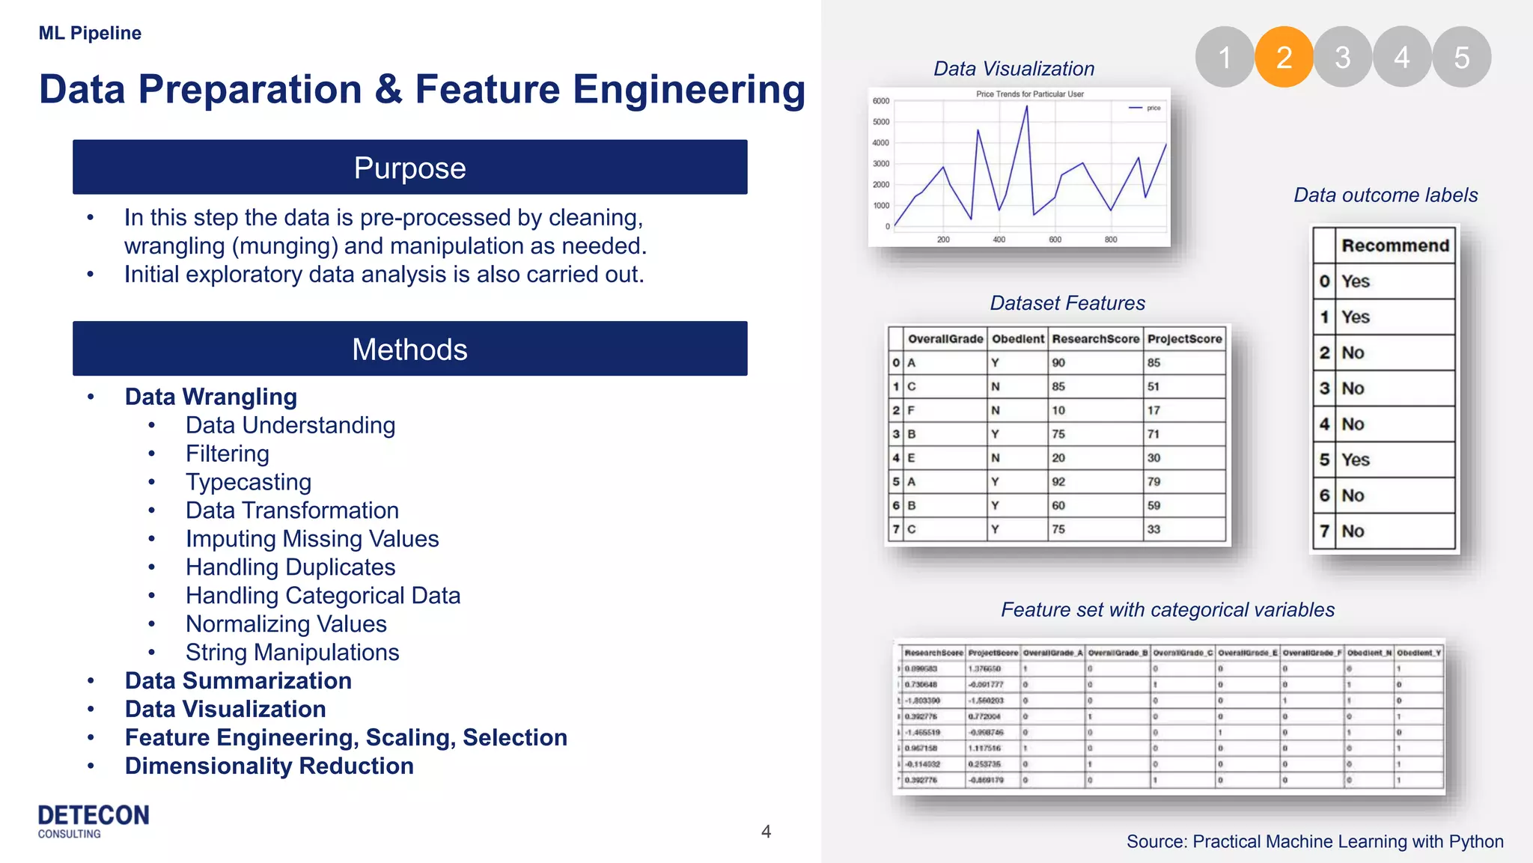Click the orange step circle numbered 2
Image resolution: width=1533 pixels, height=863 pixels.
tap(1284, 57)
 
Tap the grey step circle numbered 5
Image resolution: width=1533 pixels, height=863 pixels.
tap(1461, 57)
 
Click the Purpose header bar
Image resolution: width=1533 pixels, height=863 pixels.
tap(409, 167)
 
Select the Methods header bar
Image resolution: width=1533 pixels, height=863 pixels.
tap(409, 349)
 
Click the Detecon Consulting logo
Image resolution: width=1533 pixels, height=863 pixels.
tap(94, 820)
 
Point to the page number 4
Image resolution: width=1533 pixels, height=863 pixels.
tap(766, 832)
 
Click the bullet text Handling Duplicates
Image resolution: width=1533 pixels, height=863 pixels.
tap(290, 567)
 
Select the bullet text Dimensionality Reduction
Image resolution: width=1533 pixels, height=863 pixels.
tap(269, 766)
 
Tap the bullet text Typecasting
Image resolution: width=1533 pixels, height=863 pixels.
tap(249, 482)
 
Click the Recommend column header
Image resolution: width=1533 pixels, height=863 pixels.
tap(1395, 246)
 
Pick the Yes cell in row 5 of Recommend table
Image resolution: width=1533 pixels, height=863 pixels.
tap(1355, 460)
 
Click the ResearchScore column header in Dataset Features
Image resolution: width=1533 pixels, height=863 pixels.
tap(1095, 339)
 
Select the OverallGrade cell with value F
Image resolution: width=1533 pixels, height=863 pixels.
tap(911, 410)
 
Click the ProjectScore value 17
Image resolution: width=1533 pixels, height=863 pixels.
tap(1153, 410)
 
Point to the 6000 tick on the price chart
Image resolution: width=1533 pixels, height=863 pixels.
tap(881, 101)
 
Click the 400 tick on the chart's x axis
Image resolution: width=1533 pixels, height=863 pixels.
tap(999, 240)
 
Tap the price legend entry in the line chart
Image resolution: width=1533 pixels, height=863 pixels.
tap(1146, 109)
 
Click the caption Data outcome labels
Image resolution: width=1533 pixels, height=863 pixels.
tap(1386, 195)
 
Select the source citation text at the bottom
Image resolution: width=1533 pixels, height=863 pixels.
tap(1314, 841)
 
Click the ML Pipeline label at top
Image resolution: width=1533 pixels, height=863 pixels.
tap(90, 33)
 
